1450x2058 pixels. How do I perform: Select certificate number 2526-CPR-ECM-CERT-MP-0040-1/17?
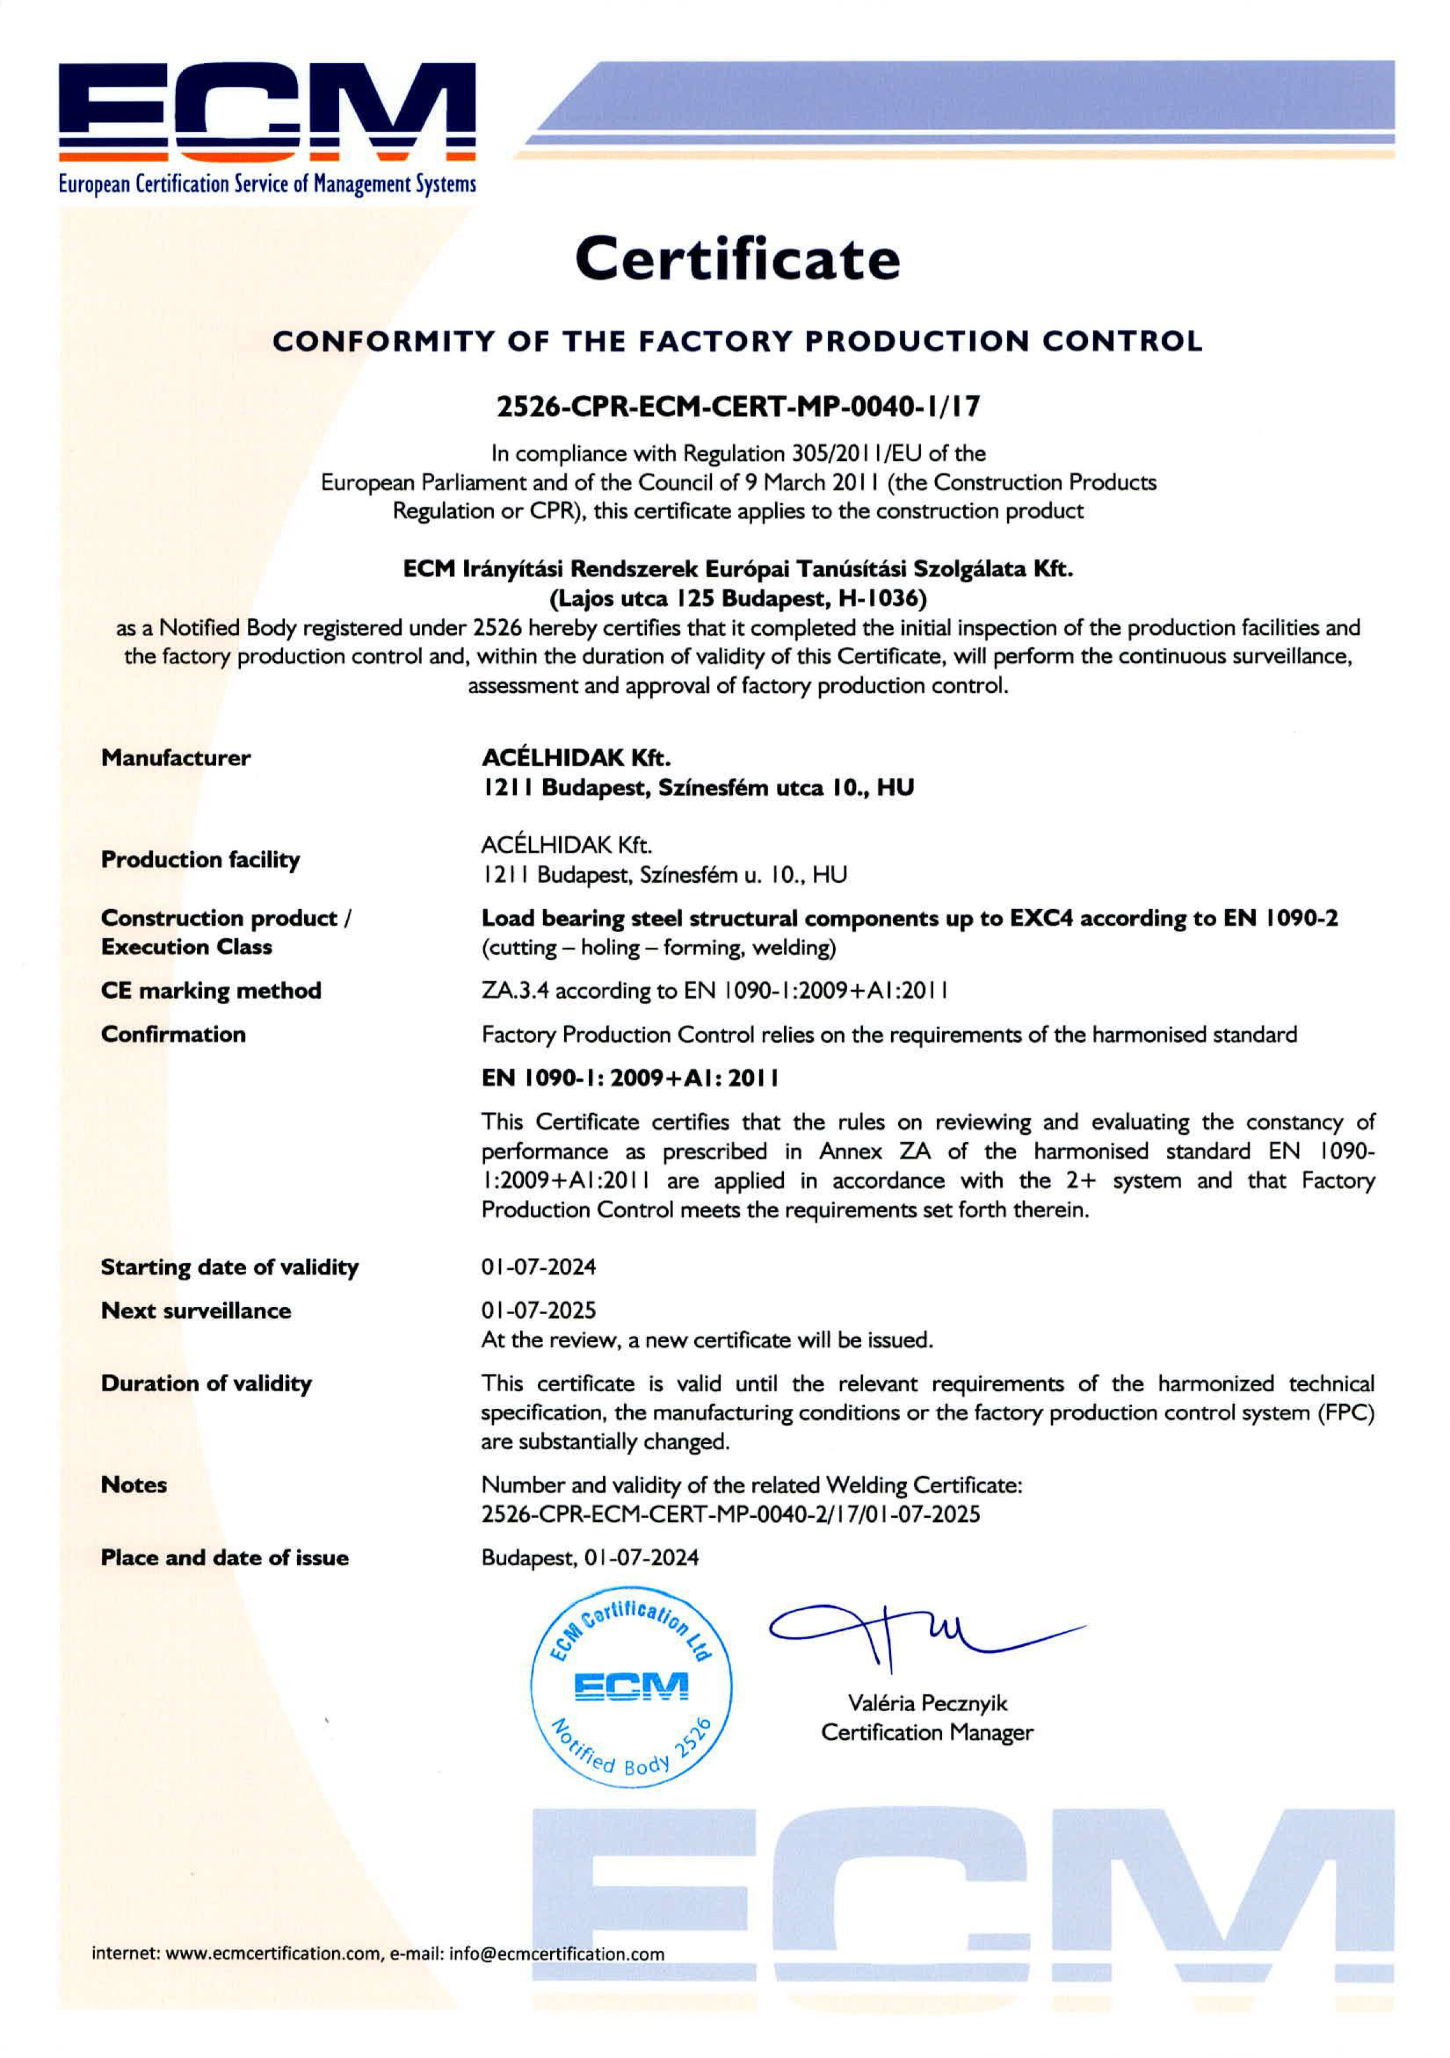click(738, 407)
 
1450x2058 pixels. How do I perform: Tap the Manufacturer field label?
click(176, 757)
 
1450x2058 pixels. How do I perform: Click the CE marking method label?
click(210, 991)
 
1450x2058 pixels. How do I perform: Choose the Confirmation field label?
click(173, 1035)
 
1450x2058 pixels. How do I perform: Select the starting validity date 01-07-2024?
click(538, 1267)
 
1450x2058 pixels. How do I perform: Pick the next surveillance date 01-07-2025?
click(538, 1310)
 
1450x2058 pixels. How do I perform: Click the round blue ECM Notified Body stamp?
click(631, 1688)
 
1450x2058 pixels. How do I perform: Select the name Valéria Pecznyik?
click(927, 1703)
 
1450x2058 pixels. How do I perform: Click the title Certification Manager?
click(927, 1733)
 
